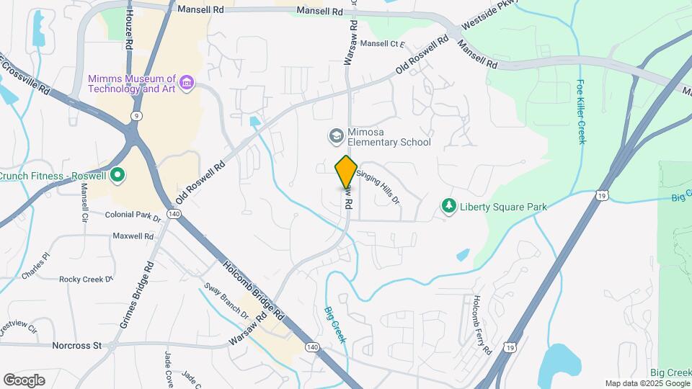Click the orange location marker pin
[346, 171]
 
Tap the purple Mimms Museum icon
[187, 83]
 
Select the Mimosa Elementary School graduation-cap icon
[335, 135]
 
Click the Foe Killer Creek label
[581, 112]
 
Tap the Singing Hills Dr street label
[377, 187]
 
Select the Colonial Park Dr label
[133, 215]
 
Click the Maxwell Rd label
[133, 236]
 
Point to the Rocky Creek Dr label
[86, 279]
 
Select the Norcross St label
[77, 346]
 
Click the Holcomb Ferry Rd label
[482, 325]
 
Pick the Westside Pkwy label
[482, 23]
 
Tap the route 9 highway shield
[136, 115]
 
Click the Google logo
[24, 380]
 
